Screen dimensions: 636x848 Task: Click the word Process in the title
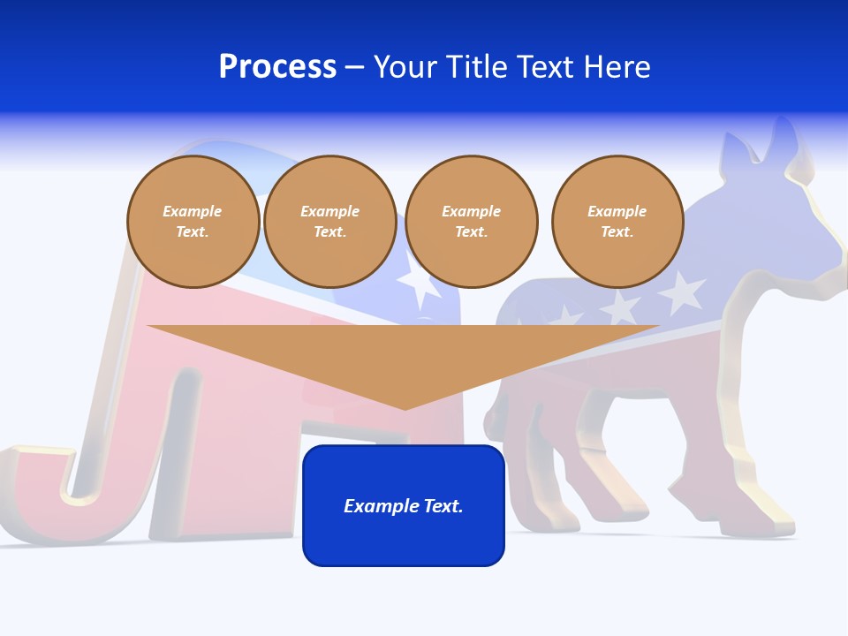click(277, 67)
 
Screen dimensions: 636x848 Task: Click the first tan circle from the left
click(193, 222)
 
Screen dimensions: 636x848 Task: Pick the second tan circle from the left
click(329, 222)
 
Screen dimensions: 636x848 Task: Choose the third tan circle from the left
click(471, 222)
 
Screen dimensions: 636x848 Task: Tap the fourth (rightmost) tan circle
click(617, 222)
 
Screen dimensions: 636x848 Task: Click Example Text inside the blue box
click(404, 506)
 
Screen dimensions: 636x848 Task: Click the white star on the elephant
click(419, 281)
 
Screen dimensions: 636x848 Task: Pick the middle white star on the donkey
click(621, 307)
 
